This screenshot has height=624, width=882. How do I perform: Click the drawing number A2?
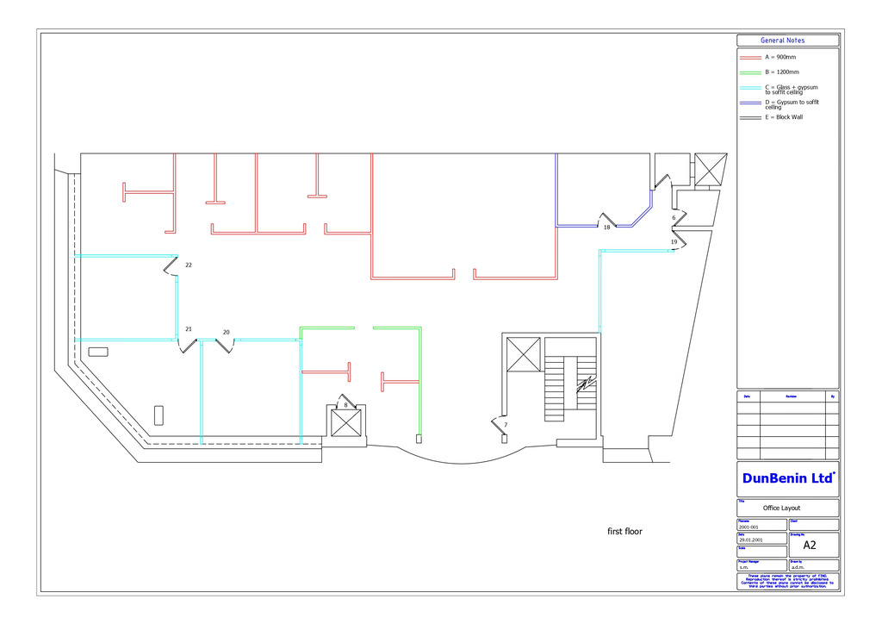(x=810, y=545)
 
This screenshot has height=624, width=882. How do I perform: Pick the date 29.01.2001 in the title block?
(x=750, y=540)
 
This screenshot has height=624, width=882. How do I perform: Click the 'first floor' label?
(x=624, y=532)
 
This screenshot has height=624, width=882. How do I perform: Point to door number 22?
(x=188, y=265)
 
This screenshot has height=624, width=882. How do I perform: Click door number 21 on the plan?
(x=189, y=329)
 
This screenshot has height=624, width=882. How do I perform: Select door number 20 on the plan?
(x=227, y=332)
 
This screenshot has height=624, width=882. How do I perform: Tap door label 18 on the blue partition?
(x=606, y=228)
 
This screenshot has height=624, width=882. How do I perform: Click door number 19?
(x=674, y=242)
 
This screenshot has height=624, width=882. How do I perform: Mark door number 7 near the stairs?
(x=506, y=425)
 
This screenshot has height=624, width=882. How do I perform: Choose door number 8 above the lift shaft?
(x=345, y=404)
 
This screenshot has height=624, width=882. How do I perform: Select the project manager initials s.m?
(x=743, y=568)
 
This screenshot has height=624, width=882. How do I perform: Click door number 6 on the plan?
(x=674, y=218)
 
